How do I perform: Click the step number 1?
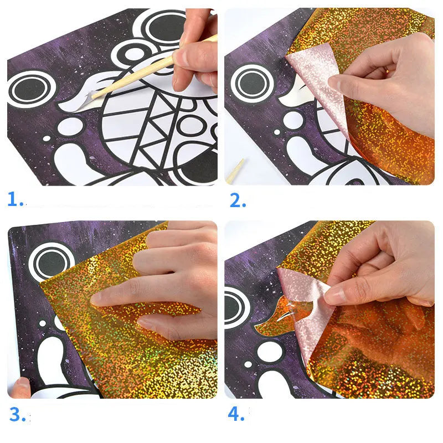click(15, 199)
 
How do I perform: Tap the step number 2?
click(237, 200)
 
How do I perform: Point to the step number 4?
click(237, 414)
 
